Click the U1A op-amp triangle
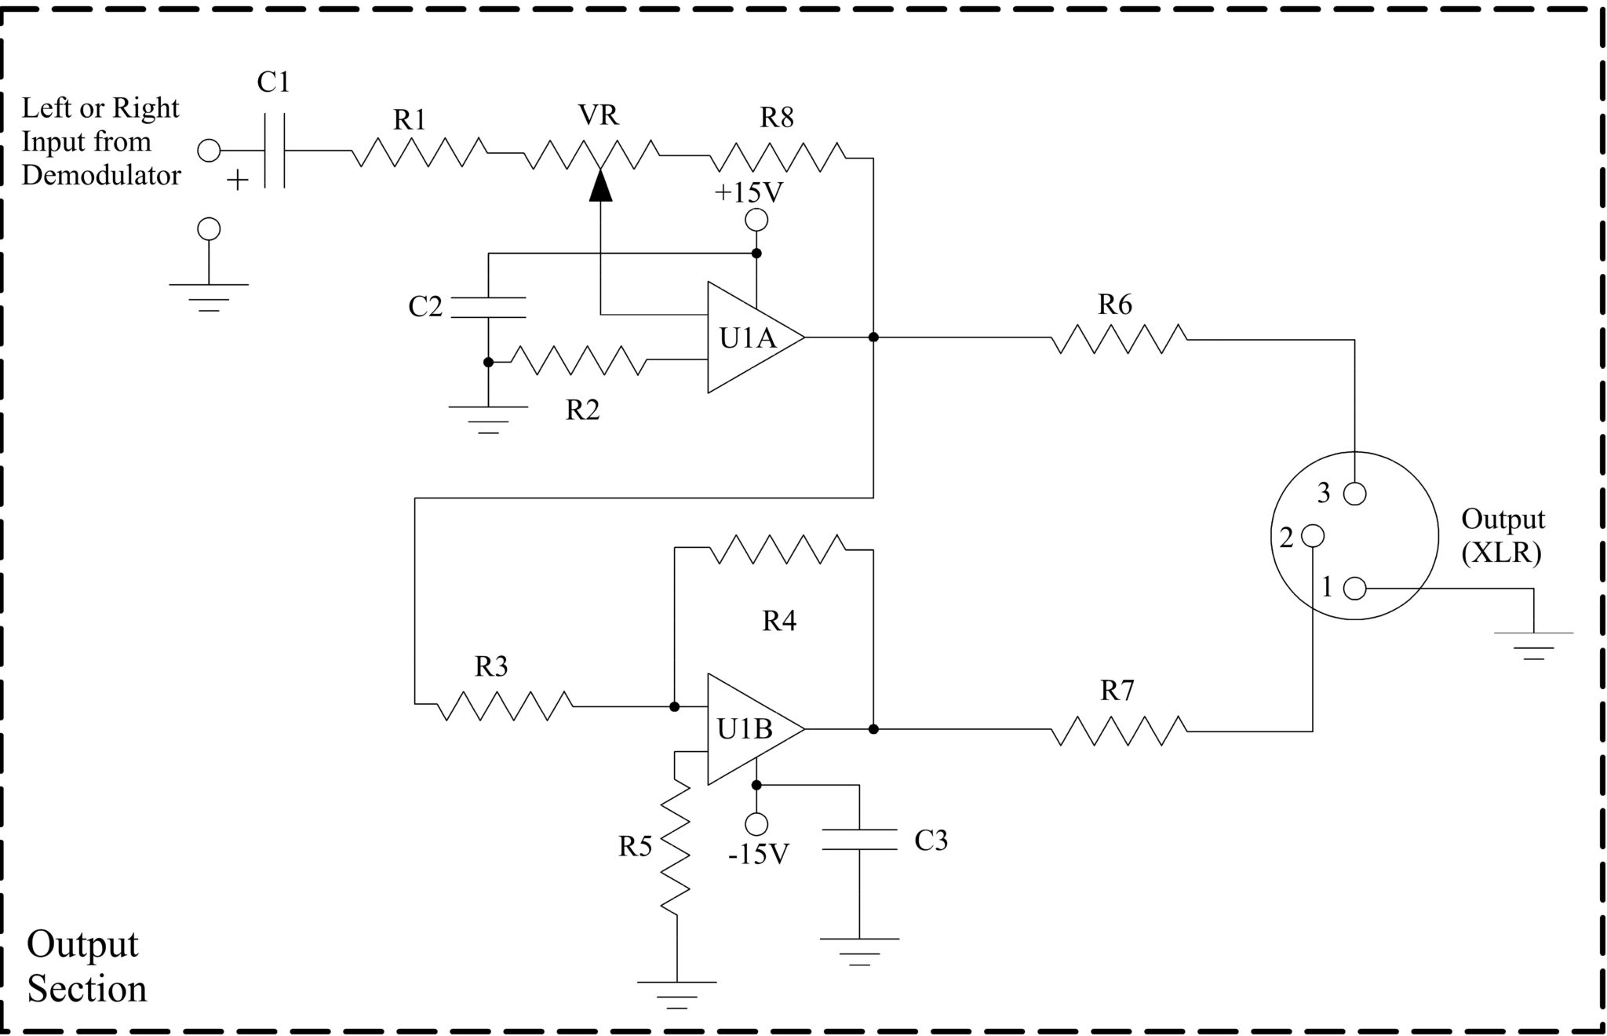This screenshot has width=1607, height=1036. pyautogui.click(x=749, y=337)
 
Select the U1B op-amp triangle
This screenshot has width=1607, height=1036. pyautogui.click(x=749, y=729)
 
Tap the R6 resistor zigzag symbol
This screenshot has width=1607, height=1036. pyautogui.click(x=1118, y=339)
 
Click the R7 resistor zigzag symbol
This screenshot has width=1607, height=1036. pyautogui.click(x=1118, y=731)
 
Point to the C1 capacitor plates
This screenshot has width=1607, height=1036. pyautogui.click(x=274, y=151)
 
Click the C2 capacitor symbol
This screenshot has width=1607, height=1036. pyautogui.click(x=488, y=308)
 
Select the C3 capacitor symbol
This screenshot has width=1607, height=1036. pyautogui.click(x=859, y=839)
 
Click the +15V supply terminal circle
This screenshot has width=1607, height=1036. pyautogui.click(x=756, y=221)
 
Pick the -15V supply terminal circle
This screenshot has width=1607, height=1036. pyautogui.click(x=756, y=824)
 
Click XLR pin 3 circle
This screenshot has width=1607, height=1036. pyautogui.click(x=1354, y=494)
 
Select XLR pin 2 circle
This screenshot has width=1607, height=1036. pyautogui.click(x=1312, y=536)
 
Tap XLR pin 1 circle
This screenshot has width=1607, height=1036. pyautogui.click(x=1354, y=588)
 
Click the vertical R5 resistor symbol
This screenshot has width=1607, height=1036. pyautogui.click(x=676, y=848)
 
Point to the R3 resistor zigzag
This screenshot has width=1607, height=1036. pyautogui.click(x=504, y=706)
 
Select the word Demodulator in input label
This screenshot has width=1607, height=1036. pyautogui.click(x=101, y=175)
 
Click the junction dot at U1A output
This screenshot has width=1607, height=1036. pyautogui.click(x=873, y=337)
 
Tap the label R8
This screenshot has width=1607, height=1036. pyautogui.click(x=777, y=118)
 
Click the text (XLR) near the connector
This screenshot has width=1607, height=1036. pyautogui.click(x=1501, y=553)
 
